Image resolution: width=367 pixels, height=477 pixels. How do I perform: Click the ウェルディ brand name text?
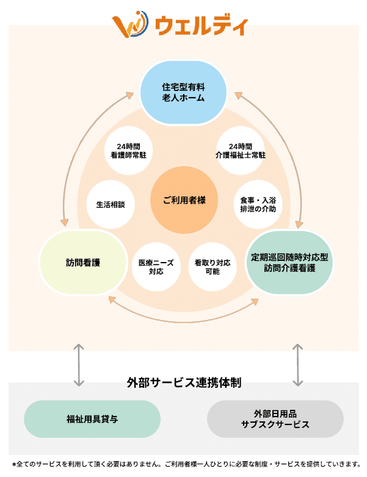(x=202, y=25)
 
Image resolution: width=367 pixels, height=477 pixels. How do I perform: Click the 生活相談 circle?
(x=110, y=204)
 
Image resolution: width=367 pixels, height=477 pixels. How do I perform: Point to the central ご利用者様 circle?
(x=183, y=202)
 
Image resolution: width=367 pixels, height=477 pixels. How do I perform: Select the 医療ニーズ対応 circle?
(x=156, y=267)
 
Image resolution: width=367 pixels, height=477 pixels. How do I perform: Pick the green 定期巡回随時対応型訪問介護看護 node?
(x=289, y=263)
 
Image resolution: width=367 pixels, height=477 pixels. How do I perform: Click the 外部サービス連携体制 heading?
(x=184, y=384)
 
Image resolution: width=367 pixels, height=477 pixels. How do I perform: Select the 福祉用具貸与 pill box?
(x=92, y=419)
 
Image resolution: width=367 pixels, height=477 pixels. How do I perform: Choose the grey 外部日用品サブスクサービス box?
(x=275, y=419)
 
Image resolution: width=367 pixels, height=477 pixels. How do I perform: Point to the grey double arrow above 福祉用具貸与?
(x=78, y=365)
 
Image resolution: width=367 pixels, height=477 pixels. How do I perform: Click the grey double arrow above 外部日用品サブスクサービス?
(x=297, y=365)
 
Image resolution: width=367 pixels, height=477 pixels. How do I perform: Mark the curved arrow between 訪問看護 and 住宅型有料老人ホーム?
(x=81, y=153)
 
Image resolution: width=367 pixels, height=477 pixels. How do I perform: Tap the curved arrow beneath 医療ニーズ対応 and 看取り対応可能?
(x=183, y=318)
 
